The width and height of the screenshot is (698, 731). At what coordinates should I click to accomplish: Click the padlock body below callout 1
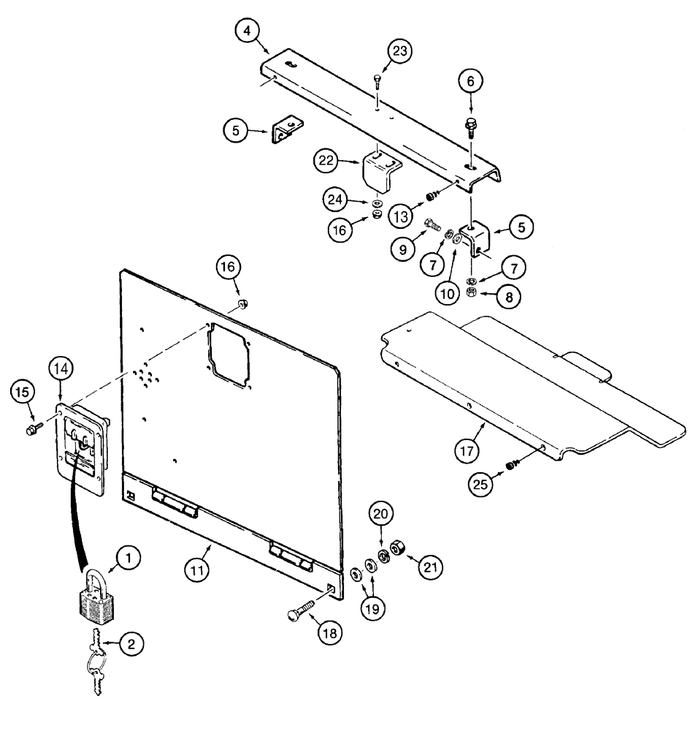click(94, 607)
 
